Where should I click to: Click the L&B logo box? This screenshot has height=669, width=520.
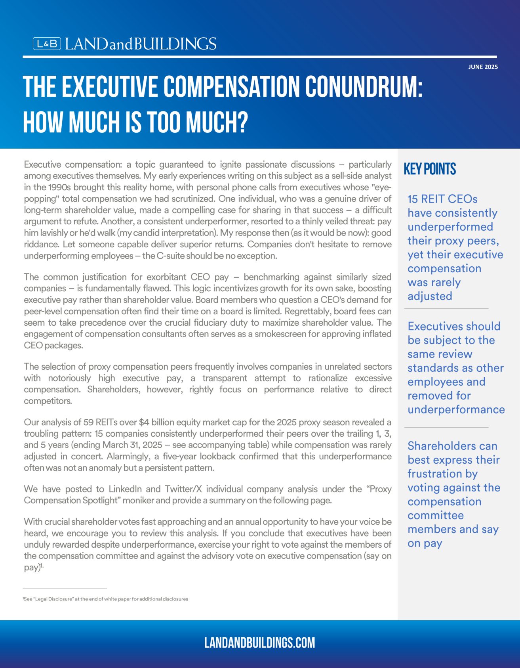click(x=47, y=44)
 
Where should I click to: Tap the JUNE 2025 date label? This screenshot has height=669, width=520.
click(x=483, y=67)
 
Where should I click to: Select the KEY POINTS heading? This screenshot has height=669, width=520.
click(x=430, y=169)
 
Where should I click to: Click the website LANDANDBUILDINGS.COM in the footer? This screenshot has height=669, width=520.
click(x=260, y=642)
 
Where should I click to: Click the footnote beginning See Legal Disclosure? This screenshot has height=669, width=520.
click(x=106, y=599)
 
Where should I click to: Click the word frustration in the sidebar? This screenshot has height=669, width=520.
click(x=442, y=474)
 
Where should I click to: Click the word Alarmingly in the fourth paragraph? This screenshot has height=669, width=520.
click(x=126, y=457)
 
